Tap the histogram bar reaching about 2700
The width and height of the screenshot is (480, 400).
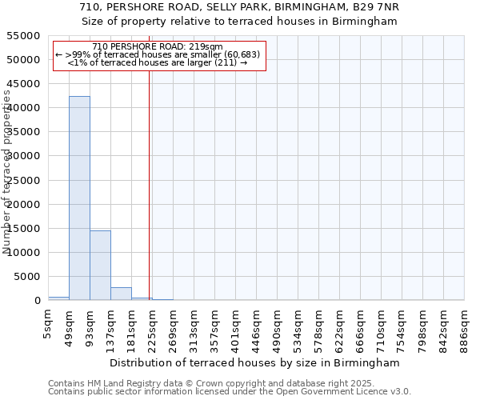pos(121,294)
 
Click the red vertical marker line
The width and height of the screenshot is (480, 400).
pos(149,184)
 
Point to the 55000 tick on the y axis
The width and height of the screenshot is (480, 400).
pos(24,36)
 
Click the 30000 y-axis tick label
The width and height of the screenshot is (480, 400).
pos(24,156)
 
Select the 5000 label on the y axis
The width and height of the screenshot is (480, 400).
pos(27,277)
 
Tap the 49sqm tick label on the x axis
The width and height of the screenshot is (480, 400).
pos(70,326)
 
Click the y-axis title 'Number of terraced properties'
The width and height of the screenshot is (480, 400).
pos(7,172)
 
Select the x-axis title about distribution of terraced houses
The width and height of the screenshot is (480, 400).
pos(254,362)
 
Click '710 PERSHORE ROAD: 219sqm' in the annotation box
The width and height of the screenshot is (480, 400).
pos(158,47)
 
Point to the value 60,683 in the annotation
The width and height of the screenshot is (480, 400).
pos(242,54)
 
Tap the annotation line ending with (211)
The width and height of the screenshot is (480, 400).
pos(158,62)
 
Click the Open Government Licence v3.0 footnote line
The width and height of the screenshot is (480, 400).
pos(230,392)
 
